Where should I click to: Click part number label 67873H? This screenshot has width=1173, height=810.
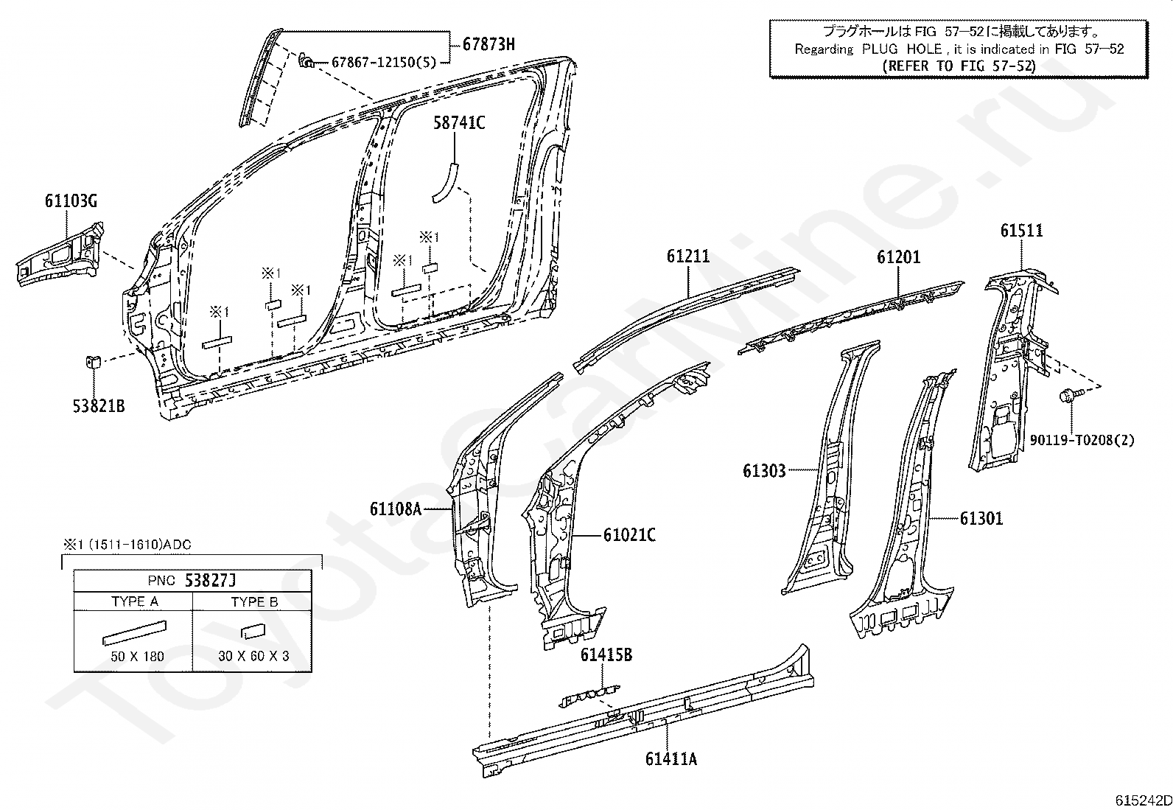pyautogui.click(x=489, y=44)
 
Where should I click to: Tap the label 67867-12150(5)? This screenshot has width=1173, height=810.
pyautogui.click(x=383, y=62)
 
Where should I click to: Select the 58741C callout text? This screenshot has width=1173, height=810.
pyautogui.click(x=458, y=123)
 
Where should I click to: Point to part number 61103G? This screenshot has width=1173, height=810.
pyautogui.click(x=71, y=201)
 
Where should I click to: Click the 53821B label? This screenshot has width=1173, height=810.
pyautogui.click(x=98, y=405)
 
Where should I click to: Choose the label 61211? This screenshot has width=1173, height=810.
pyautogui.click(x=688, y=256)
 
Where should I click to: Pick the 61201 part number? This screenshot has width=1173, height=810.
pyautogui.click(x=898, y=257)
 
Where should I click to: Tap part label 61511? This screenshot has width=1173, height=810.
pyautogui.click(x=1021, y=231)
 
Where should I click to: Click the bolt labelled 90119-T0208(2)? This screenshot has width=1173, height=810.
pyautogui.click(x=1068, y=397)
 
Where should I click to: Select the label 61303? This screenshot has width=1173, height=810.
pyautogui.click(x=764, y=470)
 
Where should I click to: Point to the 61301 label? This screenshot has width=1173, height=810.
pyautogui.click(x=981, y=519)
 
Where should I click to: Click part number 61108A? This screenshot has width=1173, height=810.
pyautogui.click(x=395, y=509)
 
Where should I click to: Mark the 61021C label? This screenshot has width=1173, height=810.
pyautogui.click(x=629, y=534)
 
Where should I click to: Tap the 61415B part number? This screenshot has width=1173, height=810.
pyautogui.click(x=606, y=654)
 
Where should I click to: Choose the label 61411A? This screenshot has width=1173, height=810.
pyautogui.click(x=670, y=758)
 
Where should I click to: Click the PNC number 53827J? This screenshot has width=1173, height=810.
pyautogui.click(x=214, y=580)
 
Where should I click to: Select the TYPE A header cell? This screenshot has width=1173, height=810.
pyautogui.click(x=135, y=601)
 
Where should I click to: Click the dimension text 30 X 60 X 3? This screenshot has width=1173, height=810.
pyautogui.click(x=253, y=656)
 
